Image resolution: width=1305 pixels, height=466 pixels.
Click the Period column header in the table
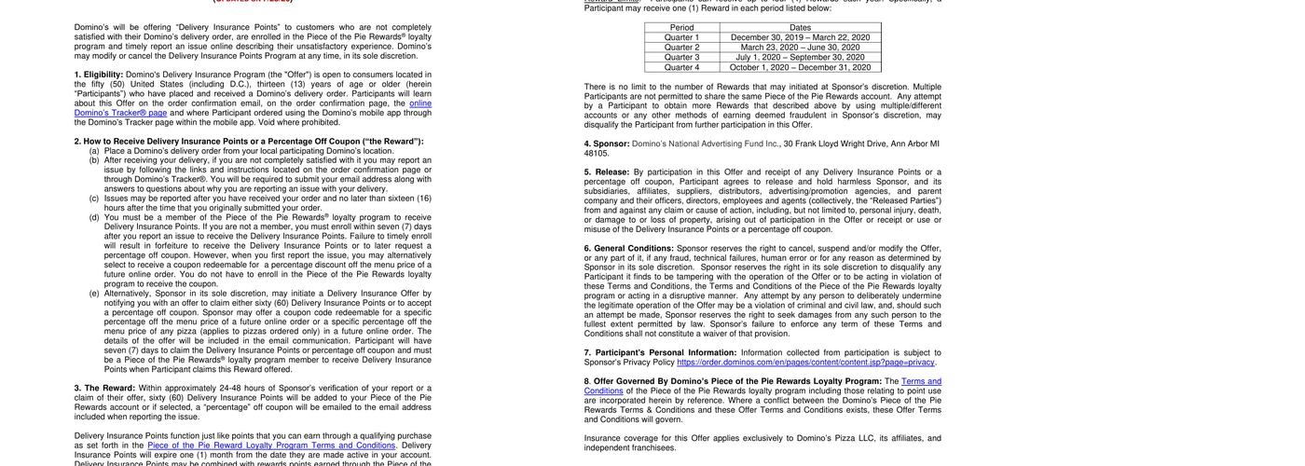click(681, 27)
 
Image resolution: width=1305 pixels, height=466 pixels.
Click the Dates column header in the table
click(800, 27)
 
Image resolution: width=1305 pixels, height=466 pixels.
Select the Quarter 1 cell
click(683, 37)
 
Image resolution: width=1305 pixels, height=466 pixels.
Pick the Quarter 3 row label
click(683, 57)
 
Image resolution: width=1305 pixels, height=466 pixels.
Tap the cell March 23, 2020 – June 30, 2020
click(800, 48)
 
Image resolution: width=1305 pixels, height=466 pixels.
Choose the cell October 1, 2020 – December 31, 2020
click(800, 67)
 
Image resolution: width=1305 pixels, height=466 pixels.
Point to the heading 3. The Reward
click(104, 389)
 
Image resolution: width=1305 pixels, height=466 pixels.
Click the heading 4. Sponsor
click(607, 144)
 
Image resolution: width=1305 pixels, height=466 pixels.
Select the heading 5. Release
click(607, 172)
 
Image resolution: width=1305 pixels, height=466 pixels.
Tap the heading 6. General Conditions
click(628, 249)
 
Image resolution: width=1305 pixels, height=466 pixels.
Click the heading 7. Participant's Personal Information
click(660, 353)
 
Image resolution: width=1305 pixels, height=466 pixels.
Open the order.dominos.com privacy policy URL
click(805, 363)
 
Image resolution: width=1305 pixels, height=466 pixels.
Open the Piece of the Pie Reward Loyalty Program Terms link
click(271, 445)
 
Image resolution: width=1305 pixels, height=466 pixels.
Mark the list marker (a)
click(94, 151)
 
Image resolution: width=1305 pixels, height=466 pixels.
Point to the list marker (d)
click(94, 217)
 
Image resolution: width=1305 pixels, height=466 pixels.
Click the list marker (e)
click(94, 294)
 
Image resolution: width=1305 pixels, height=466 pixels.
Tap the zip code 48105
click(597, 154)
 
